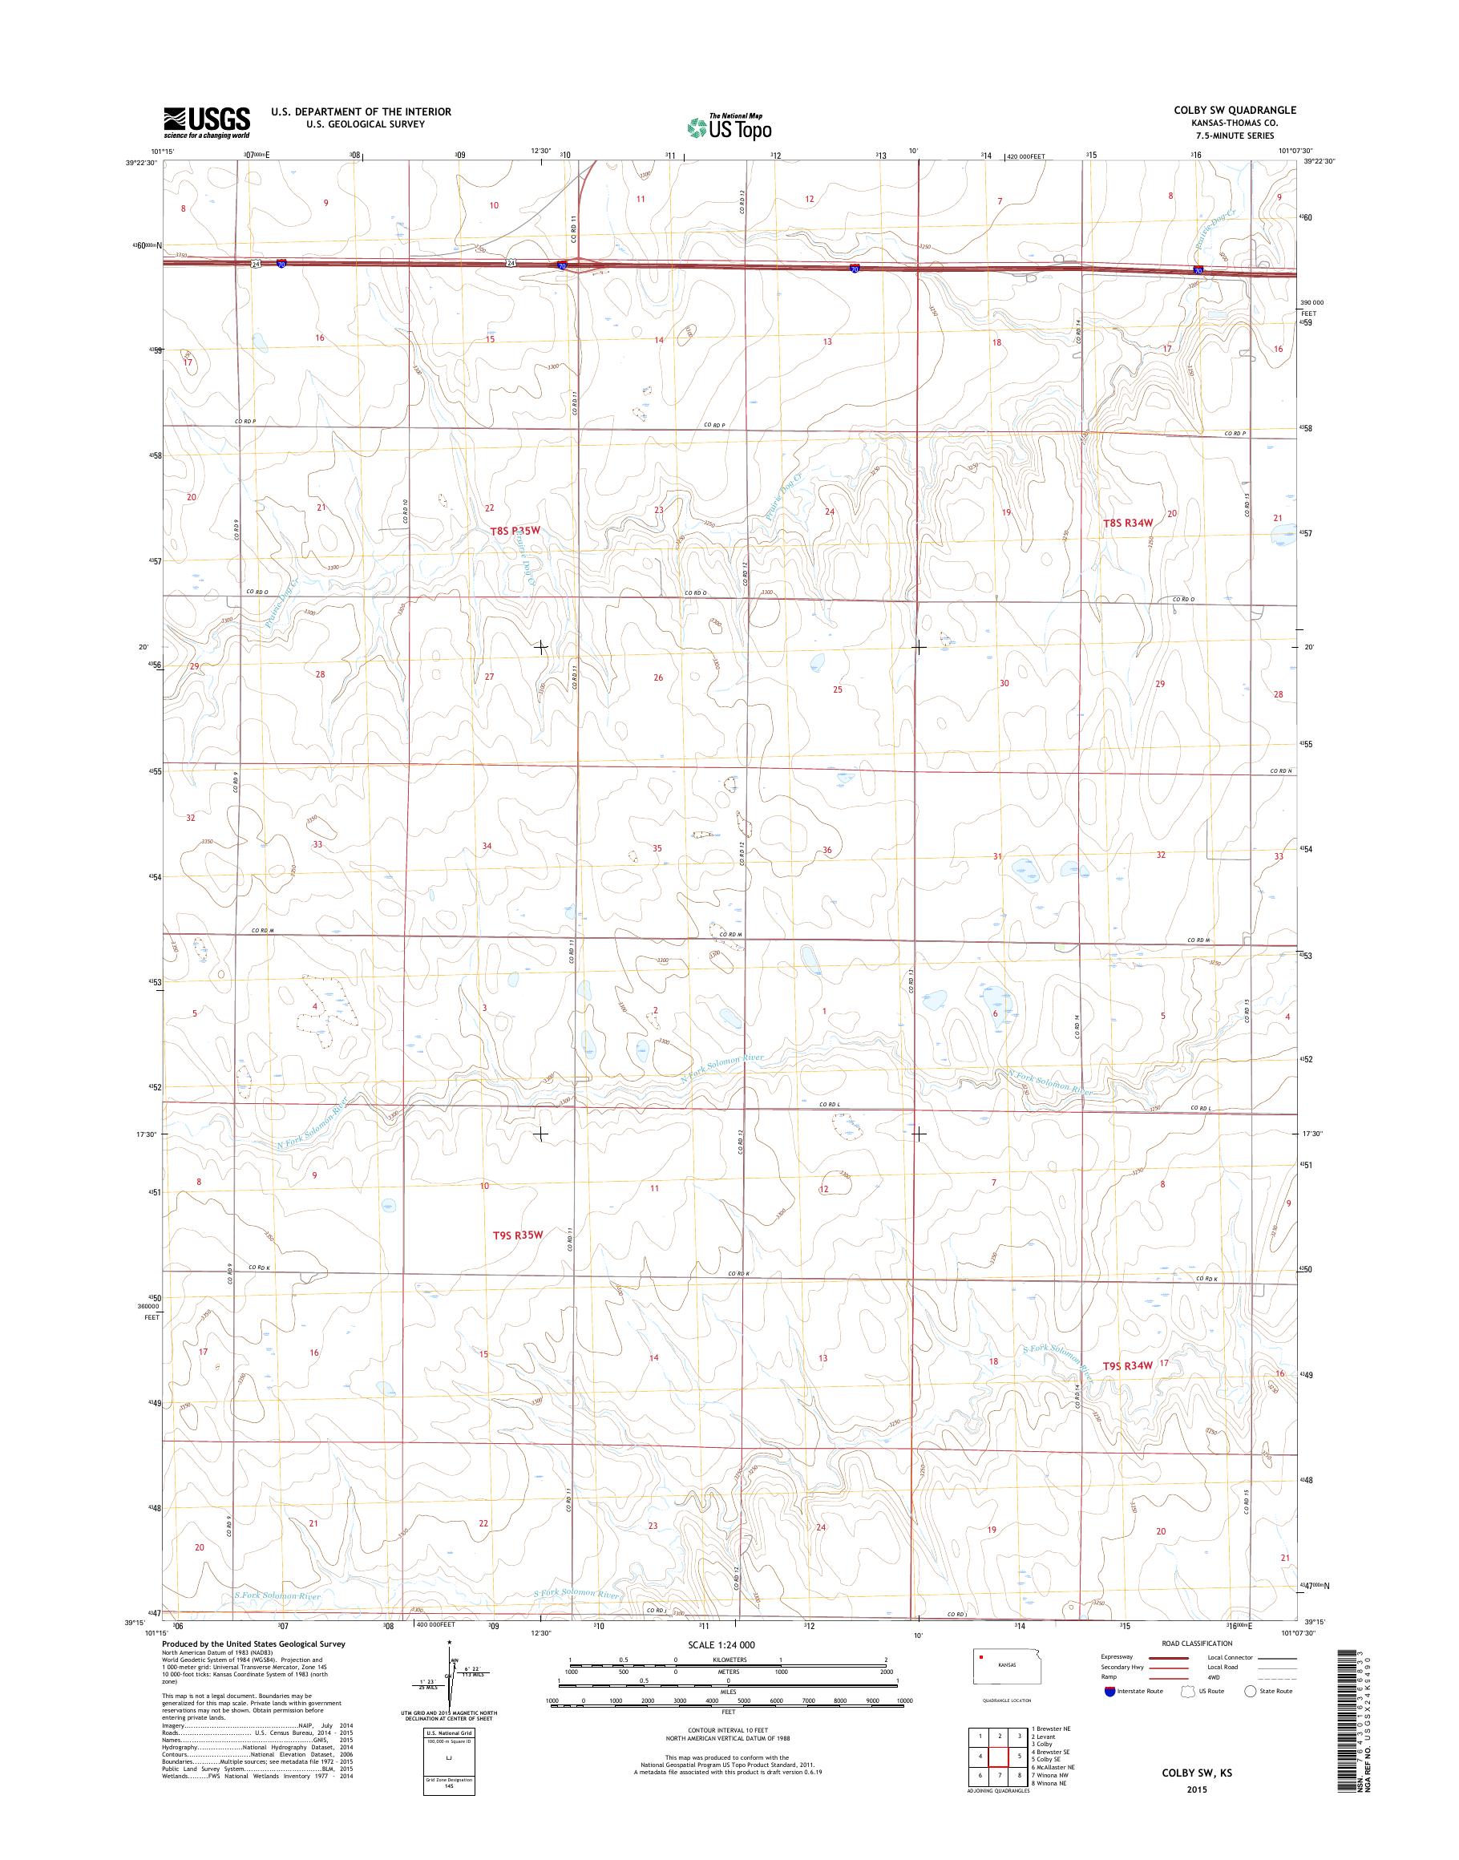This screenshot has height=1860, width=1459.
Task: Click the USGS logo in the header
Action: pos(207,122)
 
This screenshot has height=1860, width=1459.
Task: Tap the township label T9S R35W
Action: pos(518,1234)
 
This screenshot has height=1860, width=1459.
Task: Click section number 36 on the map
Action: pos(826,850)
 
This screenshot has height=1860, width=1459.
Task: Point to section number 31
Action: pos(997,856)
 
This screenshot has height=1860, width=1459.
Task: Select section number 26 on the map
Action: pos(657,677)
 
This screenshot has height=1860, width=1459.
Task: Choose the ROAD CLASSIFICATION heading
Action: pos(1197,1643)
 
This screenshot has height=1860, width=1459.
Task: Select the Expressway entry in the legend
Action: pos(1118,1657)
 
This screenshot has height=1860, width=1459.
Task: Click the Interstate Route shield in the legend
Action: pos(1109,1691)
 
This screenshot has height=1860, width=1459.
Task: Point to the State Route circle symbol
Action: pos(1251,1691)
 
